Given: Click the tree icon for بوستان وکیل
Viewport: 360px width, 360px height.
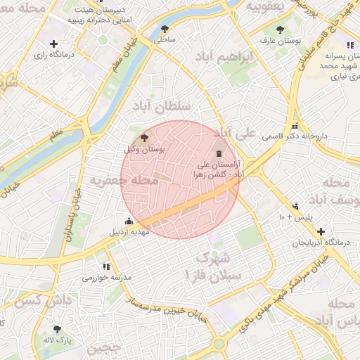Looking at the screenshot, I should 145,139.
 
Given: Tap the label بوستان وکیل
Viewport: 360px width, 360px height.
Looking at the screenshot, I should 144,150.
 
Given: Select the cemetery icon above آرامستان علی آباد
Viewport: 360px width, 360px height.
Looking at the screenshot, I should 219,153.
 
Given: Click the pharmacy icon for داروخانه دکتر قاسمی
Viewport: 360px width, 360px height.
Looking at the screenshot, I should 255,136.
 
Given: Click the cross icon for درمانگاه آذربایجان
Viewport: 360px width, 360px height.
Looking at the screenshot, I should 321,231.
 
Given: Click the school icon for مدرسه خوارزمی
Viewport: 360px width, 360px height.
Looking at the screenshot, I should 106,266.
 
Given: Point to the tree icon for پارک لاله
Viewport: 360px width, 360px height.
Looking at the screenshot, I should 57,329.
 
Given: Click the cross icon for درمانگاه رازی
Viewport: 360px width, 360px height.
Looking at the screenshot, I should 53,44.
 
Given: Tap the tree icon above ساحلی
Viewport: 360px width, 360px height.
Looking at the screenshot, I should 165,30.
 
